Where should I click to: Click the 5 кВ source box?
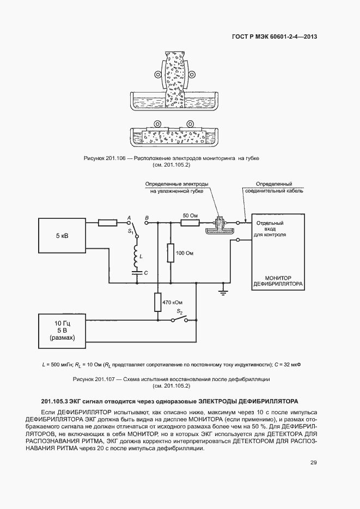pos(62,237)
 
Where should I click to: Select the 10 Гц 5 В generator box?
pos(62,330)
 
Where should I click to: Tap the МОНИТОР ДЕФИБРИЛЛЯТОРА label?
pos(278,280)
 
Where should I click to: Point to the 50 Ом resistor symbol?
pos(190,222)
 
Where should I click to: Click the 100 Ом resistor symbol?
pos(170,252)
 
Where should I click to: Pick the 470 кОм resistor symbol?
pos(157,302)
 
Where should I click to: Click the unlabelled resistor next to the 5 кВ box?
pos(107,222)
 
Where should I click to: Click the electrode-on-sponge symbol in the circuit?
pos(220,226)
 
